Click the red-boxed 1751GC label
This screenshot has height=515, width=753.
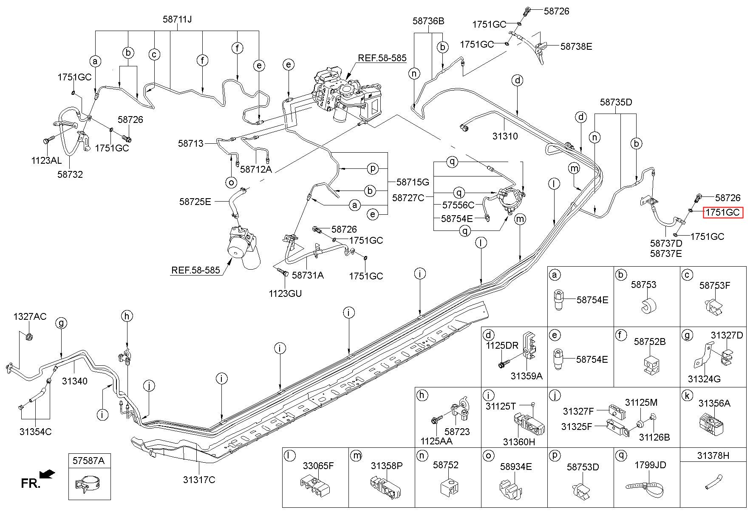[x=723, y=212]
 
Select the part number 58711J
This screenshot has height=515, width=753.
[x=177, y=19]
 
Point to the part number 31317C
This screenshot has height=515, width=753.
[x=199, y=480]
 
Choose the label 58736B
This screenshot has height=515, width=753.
[x=428, y=21]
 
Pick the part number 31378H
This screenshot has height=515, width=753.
[x=713, y=455]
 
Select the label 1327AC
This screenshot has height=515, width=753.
[x=30, y=316]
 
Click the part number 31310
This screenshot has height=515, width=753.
[x=505, y=136]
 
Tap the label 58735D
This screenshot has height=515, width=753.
[x=616, y=102]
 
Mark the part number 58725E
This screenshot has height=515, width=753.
[x=195, y=201]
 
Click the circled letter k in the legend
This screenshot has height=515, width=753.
[x=687, y=395]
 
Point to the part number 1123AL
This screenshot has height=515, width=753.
[x=46, y=160]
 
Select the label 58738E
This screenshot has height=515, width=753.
[x=576, y=46]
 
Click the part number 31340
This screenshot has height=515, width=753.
[x=75, y=381]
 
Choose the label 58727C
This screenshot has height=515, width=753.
[x=408, y=197]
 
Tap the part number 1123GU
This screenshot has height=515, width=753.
[x=285, y=293]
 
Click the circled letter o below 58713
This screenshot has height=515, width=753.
[x=231, y=182]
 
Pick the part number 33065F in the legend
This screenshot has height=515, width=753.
[x=318, y=466]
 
